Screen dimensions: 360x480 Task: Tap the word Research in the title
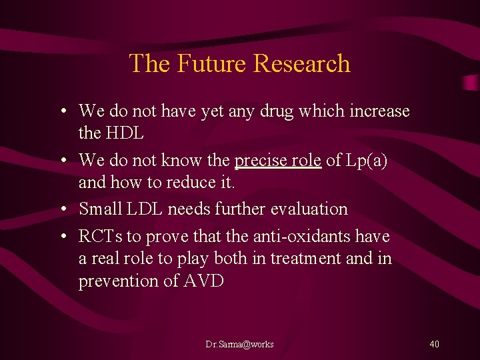click(302, 63)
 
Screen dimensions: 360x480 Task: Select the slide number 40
click(434, 344)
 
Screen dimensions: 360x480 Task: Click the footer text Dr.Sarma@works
click(239, 344)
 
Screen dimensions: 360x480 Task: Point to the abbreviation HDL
click(125, 133)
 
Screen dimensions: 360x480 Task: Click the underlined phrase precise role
click(277, 161)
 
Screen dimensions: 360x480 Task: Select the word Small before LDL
click(99, 209)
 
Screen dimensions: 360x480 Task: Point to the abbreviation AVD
click(203, 281)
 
